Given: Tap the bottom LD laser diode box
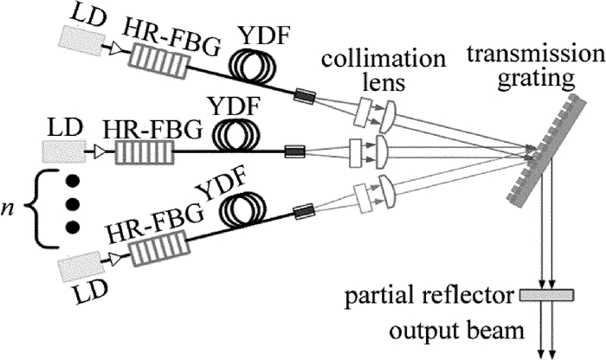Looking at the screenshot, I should click(75, 271).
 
